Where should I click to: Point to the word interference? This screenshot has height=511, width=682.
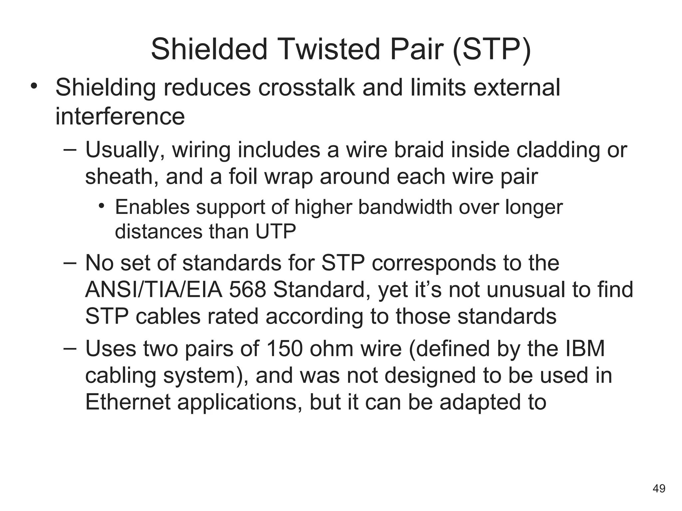pyautogui.click(x=120, y=116)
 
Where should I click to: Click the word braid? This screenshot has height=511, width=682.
pyautogui.click(x=419, y=150)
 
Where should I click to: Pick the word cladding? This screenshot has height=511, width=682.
pyautogui.click(x=558, y=150)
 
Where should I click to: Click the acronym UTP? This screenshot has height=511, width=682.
pyautogui.click(x=275, y=232)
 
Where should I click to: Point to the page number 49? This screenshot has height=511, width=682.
pyautogui.click(x=659, y=488)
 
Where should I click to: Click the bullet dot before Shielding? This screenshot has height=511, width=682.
pyautogui.click(x=34, y=86)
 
